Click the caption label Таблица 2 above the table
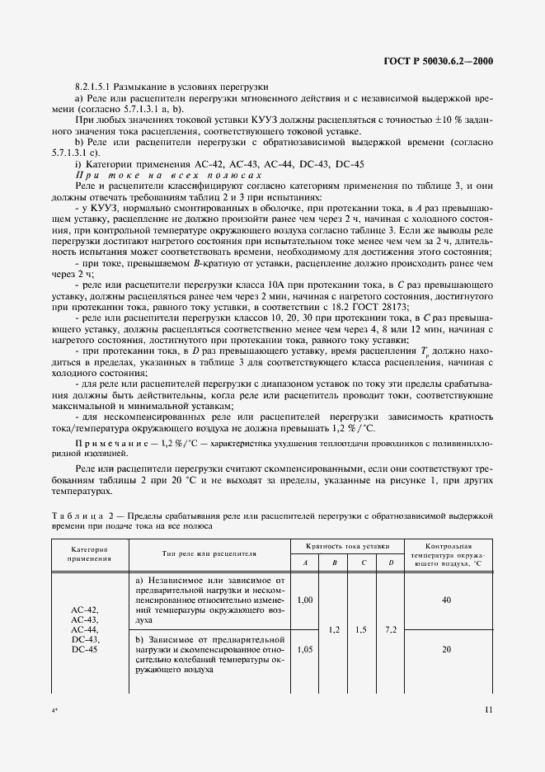click(x=82, y=514)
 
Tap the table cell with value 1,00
click(x=304, y=600)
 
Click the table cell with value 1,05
click(x=304, y=649)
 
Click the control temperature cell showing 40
click(x=446, y=600)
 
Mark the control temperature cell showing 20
click(x=446, y=649)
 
